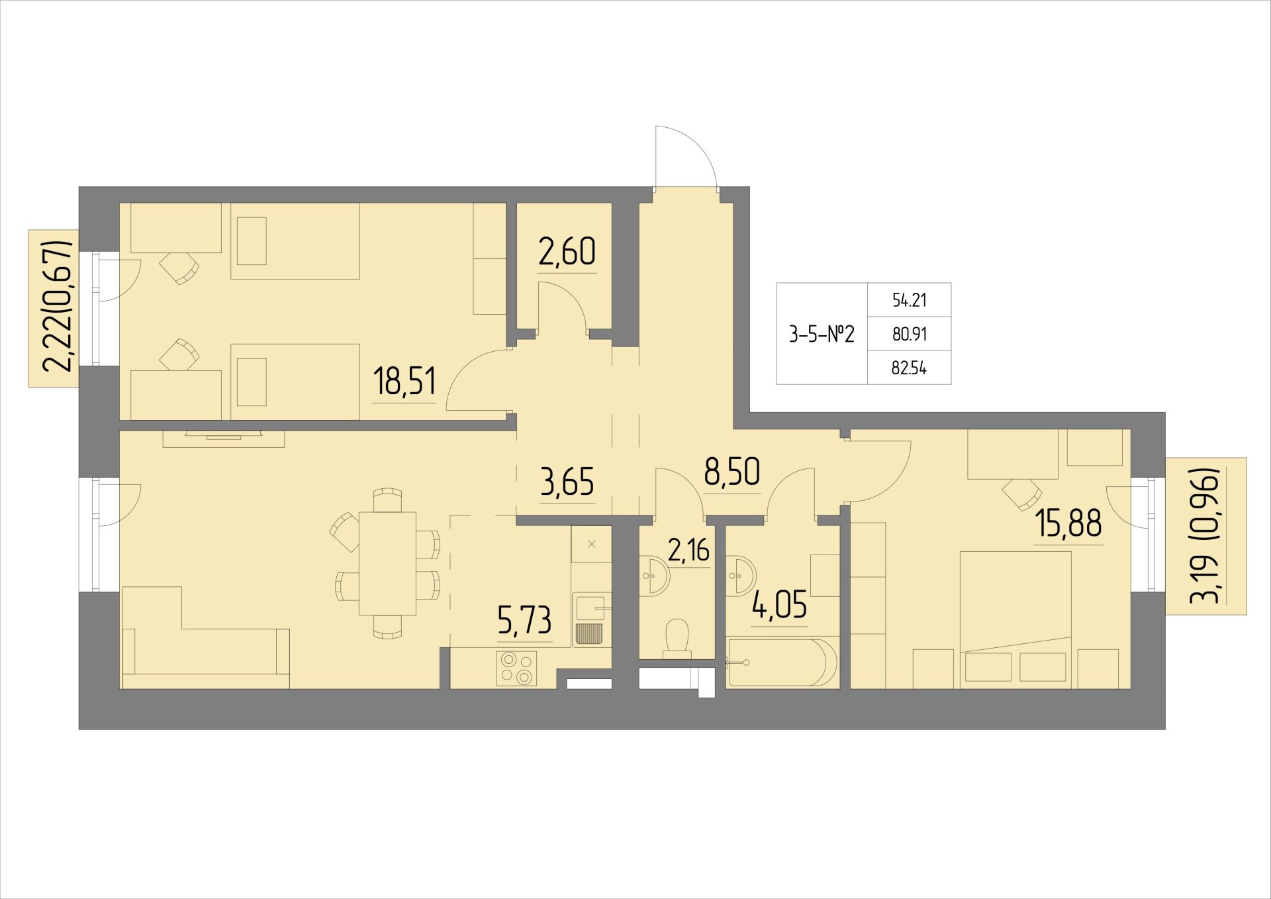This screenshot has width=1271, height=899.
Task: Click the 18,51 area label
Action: (404, 382)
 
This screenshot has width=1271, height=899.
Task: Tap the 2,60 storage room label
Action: (567, 252)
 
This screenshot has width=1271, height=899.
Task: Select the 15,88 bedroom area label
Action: (1069, 524)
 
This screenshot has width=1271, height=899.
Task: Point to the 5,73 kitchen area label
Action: (524, 621)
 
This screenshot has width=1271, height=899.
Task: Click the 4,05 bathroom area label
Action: (779, 606)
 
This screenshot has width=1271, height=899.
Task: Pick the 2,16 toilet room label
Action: (688, 551)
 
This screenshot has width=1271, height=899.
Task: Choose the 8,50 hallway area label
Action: (731, 473)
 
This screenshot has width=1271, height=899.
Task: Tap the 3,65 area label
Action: (567, 482)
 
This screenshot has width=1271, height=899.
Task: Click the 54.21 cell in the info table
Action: (910, 301)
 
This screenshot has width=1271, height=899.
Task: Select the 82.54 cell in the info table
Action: (910, 368)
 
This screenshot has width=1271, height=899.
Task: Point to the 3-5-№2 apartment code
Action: (822, 335)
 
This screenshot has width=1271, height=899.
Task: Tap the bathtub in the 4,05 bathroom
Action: (776, 662)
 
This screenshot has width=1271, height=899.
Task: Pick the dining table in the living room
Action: (387, 564)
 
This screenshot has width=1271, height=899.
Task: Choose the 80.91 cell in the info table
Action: (910, 335)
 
